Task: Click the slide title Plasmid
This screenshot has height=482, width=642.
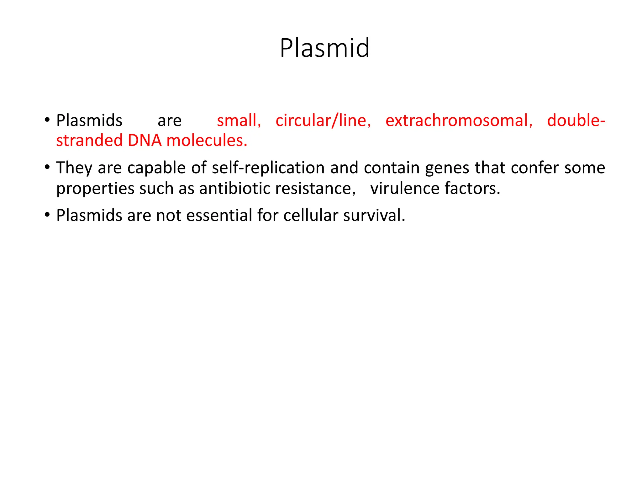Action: (324, 48)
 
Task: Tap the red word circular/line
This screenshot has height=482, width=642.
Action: (323, 121)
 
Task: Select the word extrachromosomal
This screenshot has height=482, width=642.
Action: (459, 121)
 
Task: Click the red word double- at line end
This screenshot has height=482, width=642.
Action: (576, 121)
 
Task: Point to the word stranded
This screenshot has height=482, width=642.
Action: (89, 141)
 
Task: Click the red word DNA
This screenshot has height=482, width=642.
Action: (145, 141)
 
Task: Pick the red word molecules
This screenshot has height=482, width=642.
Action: (207, 141)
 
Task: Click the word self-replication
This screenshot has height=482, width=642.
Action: (268, 168)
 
